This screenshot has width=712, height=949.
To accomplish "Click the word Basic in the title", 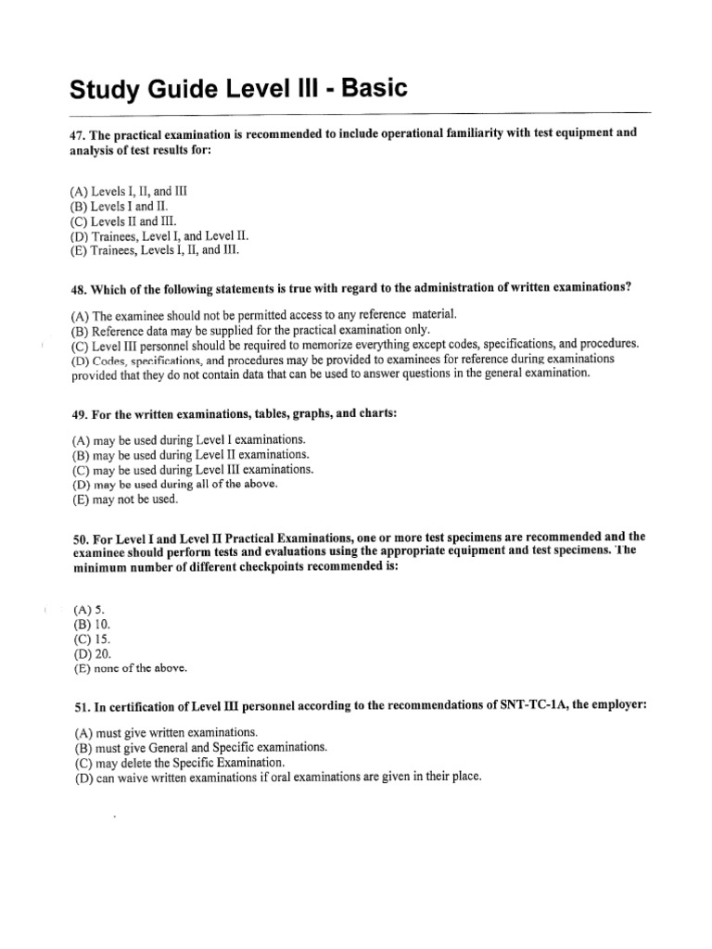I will [364, 90].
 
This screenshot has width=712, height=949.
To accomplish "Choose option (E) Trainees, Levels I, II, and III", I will [159, 250].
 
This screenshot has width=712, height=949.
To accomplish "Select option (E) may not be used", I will [124, 499].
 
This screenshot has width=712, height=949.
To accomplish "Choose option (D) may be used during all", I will [174, 484].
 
